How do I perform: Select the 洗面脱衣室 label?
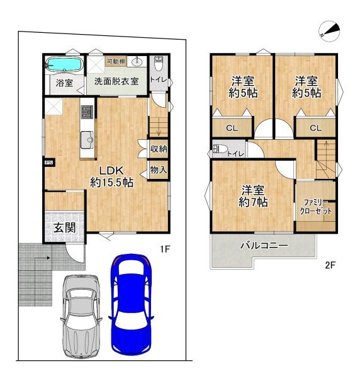(x=116, y=81)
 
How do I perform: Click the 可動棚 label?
(x=116, y=62)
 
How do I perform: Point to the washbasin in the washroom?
(x=137, y=62)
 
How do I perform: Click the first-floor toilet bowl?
(x=158, y=63)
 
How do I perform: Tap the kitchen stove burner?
(x=87, y=112)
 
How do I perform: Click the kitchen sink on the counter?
(x=87, y=140)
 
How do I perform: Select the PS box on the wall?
(x=49, y=163)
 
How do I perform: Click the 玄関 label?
(x=65, y=227)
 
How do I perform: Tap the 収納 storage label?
(x=159, y=149)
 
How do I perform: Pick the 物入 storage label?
(x=159, y=170)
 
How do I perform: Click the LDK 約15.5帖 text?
(x=112, y=176)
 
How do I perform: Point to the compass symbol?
(x=329, y=31)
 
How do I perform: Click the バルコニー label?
(x=264, y=246)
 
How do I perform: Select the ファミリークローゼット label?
(x=315, y=207)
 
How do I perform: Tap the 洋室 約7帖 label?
(x=253, y=197)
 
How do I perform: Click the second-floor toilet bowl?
(x=219, y=149)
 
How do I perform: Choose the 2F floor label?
(x=330, y=265)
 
